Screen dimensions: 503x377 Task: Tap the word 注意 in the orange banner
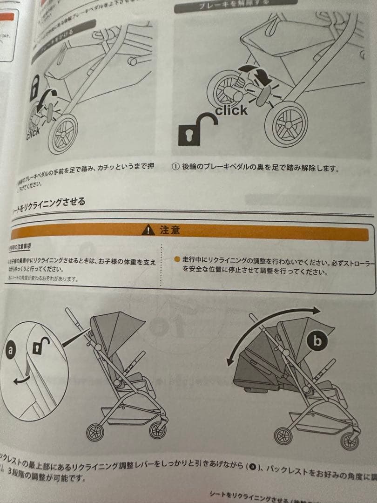click(x=169, y=230)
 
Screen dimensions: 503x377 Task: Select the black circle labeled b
click(x=317, y=342)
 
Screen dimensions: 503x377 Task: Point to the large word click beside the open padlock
click(x=231, y=110)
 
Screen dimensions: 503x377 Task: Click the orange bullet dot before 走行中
click(x=176, y=259)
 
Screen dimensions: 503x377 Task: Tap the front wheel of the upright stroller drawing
click(x=95, y=432)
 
